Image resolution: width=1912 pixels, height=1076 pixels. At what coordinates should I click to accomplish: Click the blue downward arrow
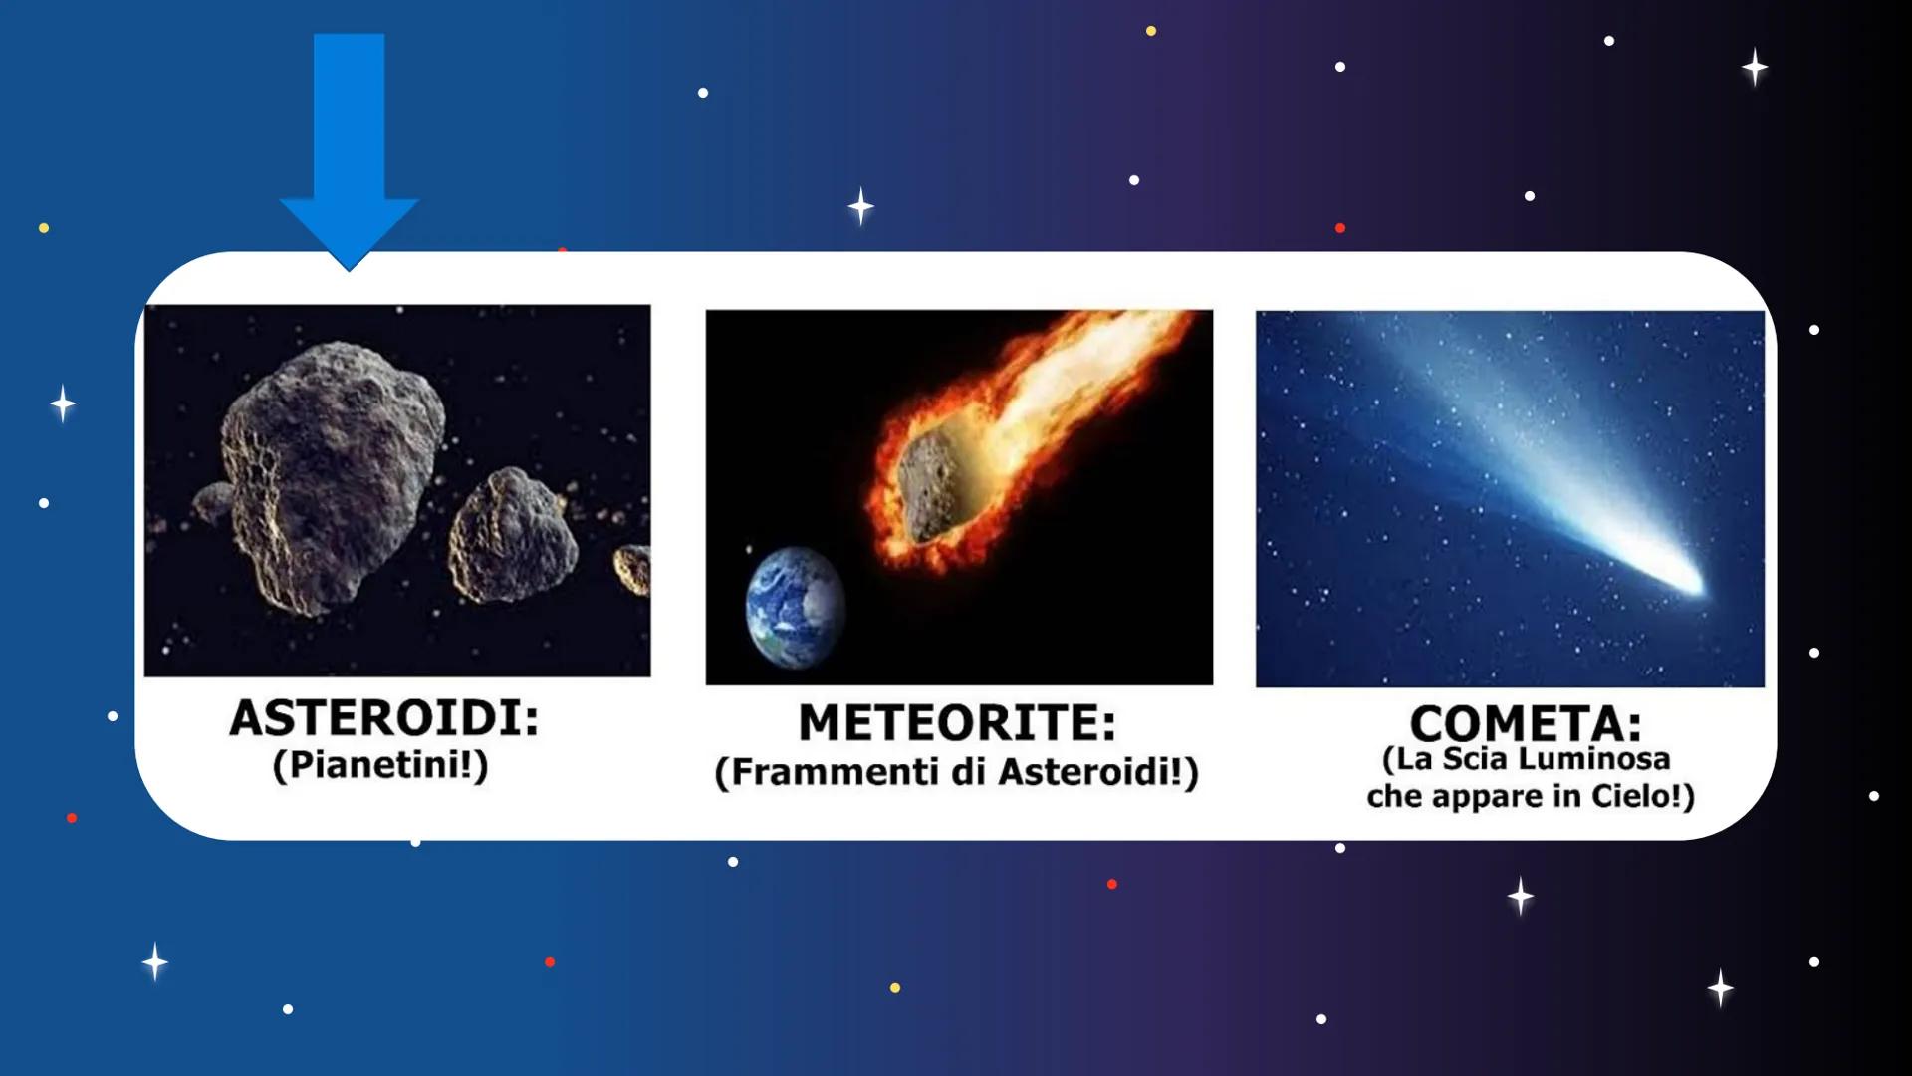(349, 139)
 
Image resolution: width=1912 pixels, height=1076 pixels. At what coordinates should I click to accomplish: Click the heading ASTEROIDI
(383, 718)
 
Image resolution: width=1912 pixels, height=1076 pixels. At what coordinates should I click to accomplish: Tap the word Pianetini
(379, 765)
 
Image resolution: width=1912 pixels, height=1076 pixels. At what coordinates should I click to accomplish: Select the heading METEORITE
(956, 723)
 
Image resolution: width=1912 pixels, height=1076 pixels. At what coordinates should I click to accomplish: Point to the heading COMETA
(1525, 723)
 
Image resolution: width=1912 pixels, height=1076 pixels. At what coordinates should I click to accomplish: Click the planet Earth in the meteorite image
(794, 607)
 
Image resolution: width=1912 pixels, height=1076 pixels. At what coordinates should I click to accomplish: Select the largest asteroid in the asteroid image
(329, 468)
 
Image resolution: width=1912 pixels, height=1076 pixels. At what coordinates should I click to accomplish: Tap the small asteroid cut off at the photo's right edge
(633, 569)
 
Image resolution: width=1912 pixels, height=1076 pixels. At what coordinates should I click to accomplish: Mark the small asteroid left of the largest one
(213, 501)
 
